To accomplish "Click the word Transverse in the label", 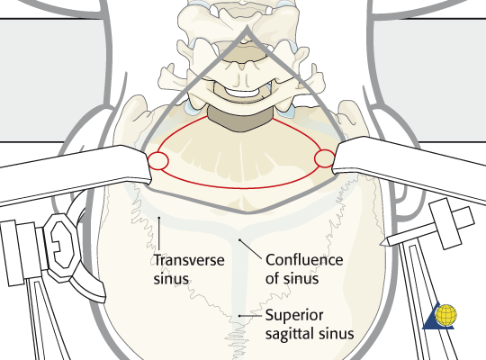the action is click(x=189, y=260).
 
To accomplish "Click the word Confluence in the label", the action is click(x=304, y=260).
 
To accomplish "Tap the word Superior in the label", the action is click(x=294, y=316).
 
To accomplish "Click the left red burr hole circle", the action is click(x=158, y=161).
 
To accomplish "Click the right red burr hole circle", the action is click(x=325, y=158).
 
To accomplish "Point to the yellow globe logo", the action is click(x=446, y=315).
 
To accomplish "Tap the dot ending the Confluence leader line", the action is click(x=239, y=239).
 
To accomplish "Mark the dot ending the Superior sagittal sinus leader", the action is click(x=239, y=316).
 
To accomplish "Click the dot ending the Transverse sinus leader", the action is click(x=159, y=218).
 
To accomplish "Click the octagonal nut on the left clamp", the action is click(x=61, y=247).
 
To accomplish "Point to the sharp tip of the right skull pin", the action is click(x=382, y=245).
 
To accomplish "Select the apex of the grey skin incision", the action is click(x=247, y=29).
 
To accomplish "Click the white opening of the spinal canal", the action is click(x=242, y=92).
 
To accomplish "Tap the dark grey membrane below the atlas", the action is click(x=240, y=120).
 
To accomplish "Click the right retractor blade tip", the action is click(x=335, y=158).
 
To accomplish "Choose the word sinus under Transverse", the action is click(x=171, y=279).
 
